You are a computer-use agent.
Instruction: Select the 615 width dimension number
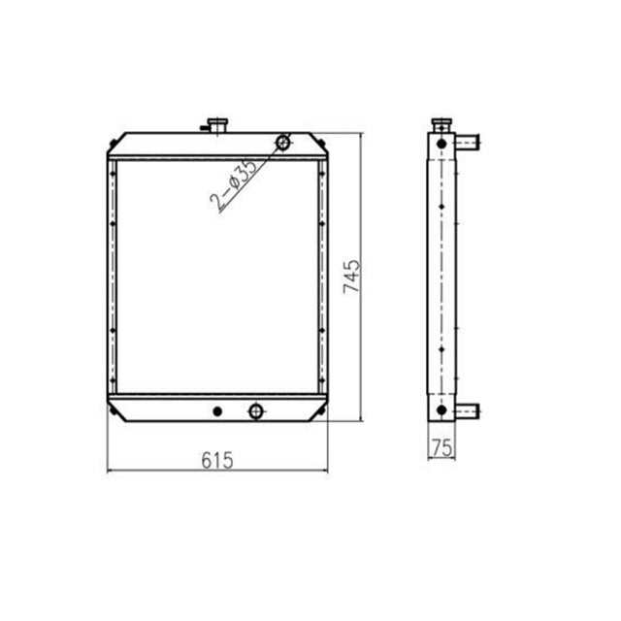(217, 460)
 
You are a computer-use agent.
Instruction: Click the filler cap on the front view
(215, 123)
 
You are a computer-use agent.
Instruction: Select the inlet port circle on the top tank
(283, 143)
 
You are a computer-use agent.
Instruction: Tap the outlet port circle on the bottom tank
(256, 410)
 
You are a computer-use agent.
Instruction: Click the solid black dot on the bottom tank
(217, 410)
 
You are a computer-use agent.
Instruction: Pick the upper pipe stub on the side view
(469, 144)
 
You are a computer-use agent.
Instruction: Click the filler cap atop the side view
(441, 125)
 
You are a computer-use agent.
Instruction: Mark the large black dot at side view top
(441, 144)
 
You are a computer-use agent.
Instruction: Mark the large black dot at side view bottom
(441, 410)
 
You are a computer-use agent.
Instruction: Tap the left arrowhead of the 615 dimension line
(110, 471)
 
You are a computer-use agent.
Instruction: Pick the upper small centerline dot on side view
(441, 206)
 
